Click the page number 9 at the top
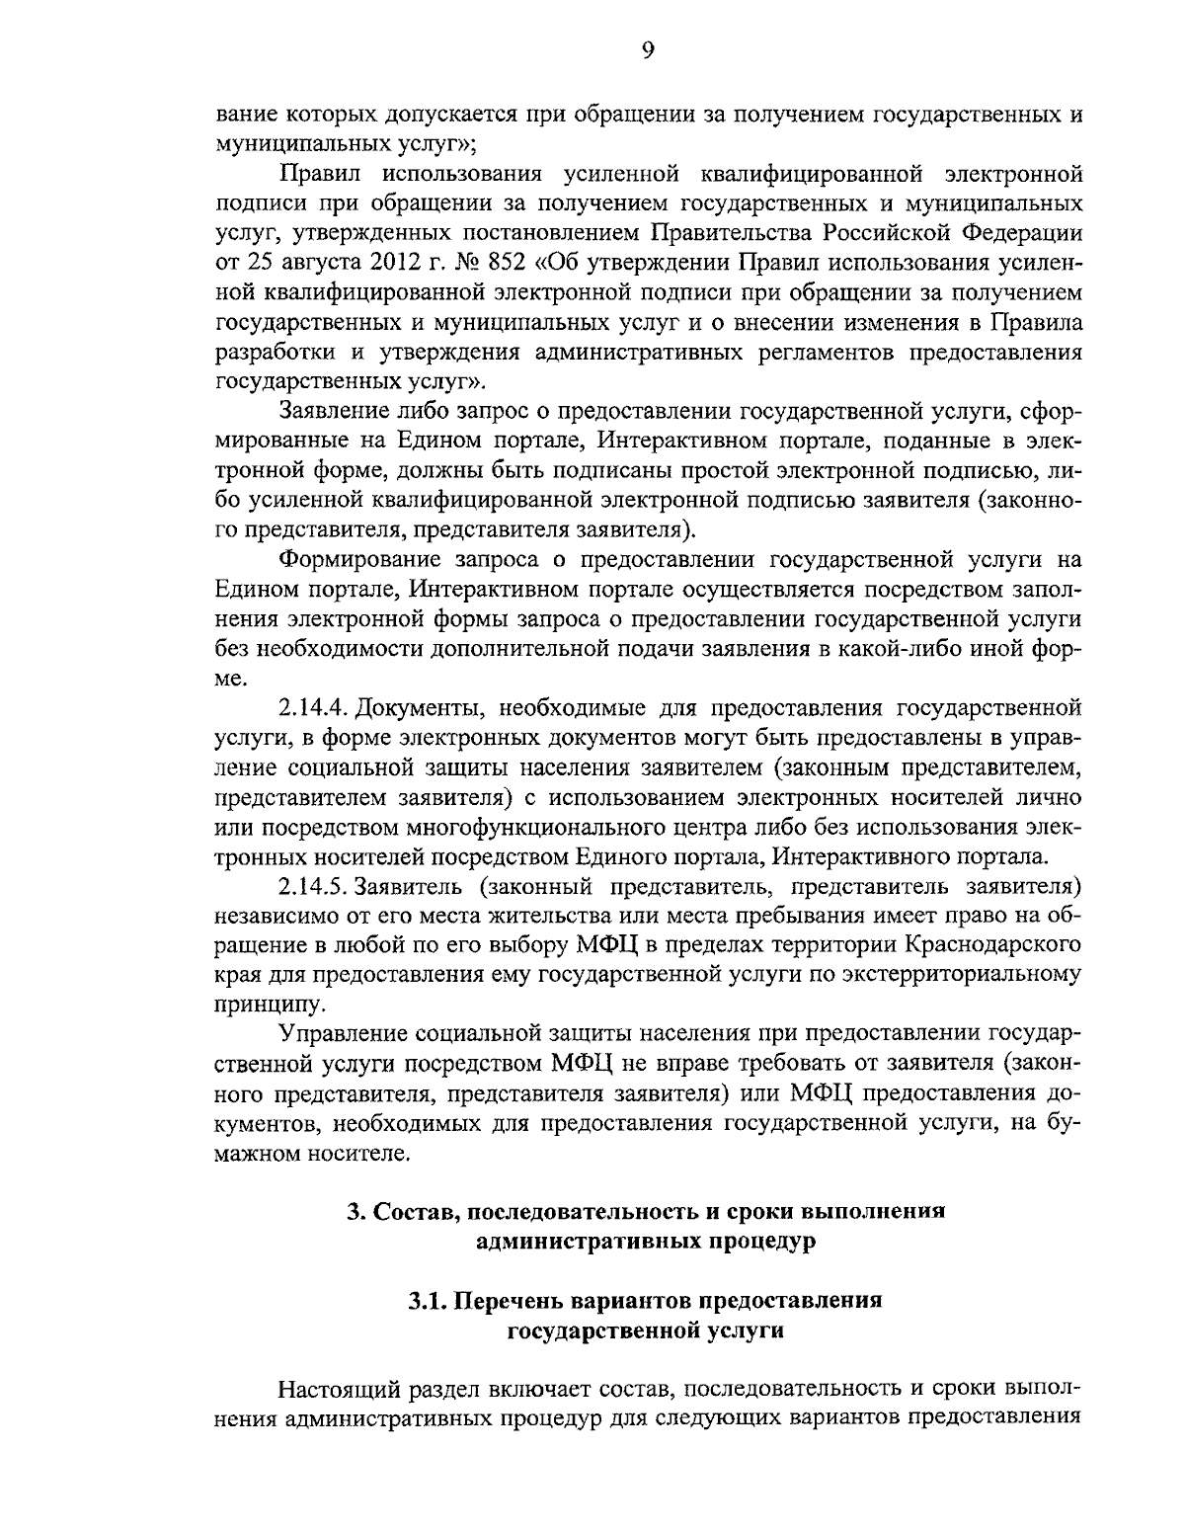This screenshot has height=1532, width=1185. [x=647, y=51]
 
